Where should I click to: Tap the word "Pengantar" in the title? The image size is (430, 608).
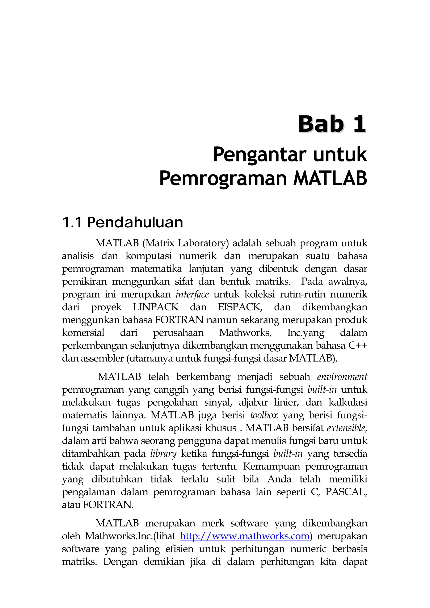point(260,155)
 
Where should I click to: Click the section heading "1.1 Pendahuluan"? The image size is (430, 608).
point(122,223)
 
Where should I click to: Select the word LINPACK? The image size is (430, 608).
point(156,307)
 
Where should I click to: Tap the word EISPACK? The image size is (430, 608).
point(240,307)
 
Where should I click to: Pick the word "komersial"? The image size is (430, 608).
point(83,333)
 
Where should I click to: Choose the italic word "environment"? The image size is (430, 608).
point(342,377)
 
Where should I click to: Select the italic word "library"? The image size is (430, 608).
point(163,454)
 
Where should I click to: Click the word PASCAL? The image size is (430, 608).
point(346,492)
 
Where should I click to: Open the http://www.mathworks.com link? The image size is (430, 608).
point(245,536)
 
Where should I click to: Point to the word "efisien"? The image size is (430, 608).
point(180,549)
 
